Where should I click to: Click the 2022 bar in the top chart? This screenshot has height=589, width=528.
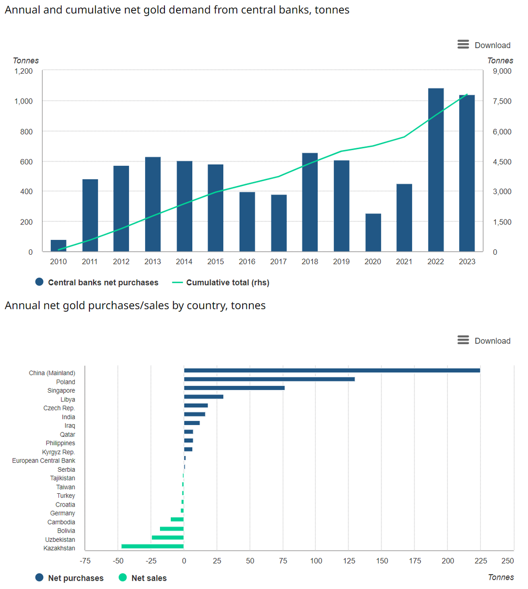[436, 170]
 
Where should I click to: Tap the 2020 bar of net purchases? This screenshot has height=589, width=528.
[373, 233]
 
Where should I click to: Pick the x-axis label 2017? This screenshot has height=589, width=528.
[278, 262]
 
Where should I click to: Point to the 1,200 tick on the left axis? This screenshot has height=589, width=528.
[24, 71]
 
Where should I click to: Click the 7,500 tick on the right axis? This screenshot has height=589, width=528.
[502, 101]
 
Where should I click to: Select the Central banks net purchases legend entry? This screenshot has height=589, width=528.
[97, 282]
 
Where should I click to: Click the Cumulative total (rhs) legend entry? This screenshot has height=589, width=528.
[221, 282]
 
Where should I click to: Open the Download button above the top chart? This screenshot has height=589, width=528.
[484, 45]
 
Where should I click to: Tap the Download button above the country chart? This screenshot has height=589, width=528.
[484, 341]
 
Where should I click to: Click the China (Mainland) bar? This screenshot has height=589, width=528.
[332, 371]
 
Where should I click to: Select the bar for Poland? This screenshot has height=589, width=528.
[269, 379]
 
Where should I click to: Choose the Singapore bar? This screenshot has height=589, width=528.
[234, 388]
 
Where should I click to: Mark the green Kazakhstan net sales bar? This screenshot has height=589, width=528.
[153, 546]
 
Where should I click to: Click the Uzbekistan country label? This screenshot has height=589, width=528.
[60, 539]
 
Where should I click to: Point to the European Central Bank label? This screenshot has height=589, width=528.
[44, 460]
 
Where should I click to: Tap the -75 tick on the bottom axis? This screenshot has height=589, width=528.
[85, 561]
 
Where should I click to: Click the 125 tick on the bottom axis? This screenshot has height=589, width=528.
[349, 561]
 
